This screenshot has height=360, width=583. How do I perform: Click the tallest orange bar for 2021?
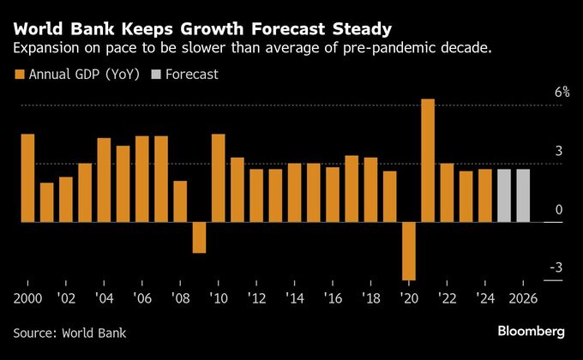pos(428,160)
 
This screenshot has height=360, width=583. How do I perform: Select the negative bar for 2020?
pos(409,250)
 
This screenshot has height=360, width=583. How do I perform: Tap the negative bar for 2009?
pos(199,237)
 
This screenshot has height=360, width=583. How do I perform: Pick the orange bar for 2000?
pos(27,177)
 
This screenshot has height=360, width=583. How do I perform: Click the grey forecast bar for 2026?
pos(523,195)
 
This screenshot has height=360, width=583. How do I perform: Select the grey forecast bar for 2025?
pos(504,195)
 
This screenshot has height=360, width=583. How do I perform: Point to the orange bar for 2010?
pos(218,177)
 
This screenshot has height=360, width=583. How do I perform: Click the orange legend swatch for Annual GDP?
pos(20,75)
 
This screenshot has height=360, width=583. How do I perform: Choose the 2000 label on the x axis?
pos(28,299)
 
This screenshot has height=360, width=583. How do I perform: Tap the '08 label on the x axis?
pos(180,299)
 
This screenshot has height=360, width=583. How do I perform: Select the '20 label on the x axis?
pos(409,299)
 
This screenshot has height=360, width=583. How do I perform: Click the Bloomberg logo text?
pos(531,331)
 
